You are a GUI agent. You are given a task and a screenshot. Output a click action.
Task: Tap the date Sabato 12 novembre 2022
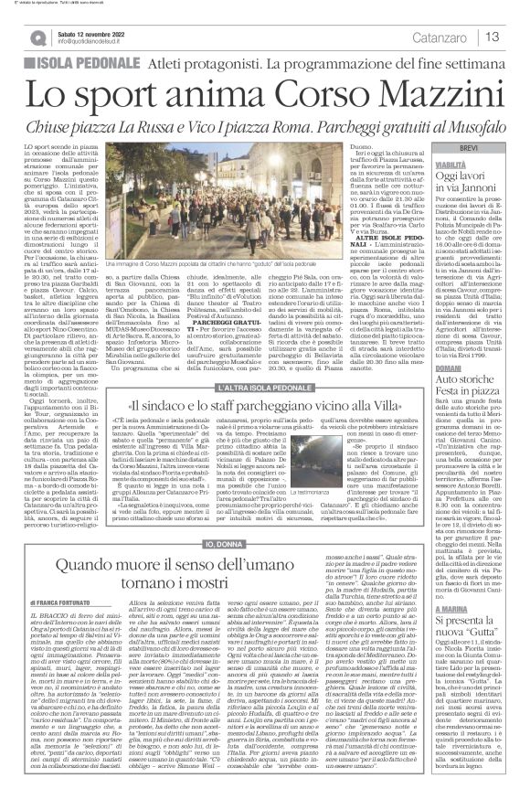point(92,32)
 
